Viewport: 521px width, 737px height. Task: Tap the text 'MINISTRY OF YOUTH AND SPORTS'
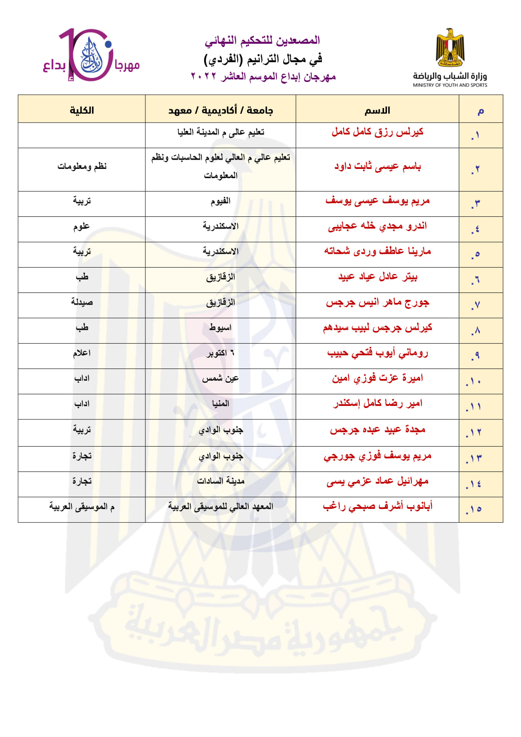pyautogui.click(x=450, y=85)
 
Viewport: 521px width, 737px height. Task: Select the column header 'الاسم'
pyautogui.click(x=377, y=111)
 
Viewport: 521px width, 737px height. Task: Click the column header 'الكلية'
pyautogui.click(x=82, y=111)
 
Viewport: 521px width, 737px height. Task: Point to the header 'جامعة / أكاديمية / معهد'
pyautogui.click(x=221, y=111)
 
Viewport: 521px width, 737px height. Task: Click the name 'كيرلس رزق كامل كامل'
pyautogui.click(x=377, y=132)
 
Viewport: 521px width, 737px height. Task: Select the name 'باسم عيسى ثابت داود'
pyautogui.click(x=377, y=167)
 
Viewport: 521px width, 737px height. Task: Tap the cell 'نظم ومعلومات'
pyautogui.click(x=82, y=166)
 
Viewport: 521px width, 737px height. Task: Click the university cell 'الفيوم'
pyautogui.click(x=221, y=201)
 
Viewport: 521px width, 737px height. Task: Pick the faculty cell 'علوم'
pyautogui.click(x=82, y=226)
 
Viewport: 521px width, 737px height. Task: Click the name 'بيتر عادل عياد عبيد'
pyautogui.click(x=377, y=277)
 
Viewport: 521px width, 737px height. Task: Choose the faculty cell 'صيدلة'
pyautogui.click(x=82, y=302)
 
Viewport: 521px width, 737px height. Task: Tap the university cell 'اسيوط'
pyautogui.click(x=221, y=328)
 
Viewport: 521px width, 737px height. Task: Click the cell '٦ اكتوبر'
pyautogui.click(x=221, y=353)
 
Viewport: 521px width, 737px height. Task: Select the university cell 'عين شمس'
pyautogui.click(x=221, y=379)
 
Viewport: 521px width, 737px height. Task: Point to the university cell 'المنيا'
pyautogui.click(x=221, y=404)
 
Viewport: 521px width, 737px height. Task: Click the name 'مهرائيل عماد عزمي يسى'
pyautogui.click(x=377, y=481)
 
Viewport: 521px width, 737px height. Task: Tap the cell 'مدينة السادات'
pyautogui.click(x=221, y=481)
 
